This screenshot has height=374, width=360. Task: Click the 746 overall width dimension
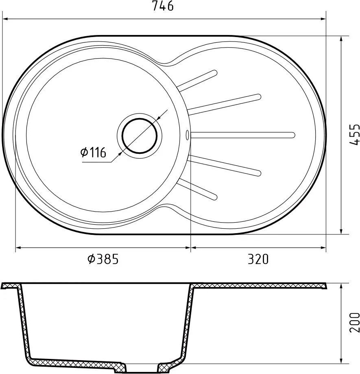click(x=163, y=6)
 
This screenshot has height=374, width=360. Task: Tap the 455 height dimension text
click(x=355, y=134)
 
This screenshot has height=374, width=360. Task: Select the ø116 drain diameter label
click(x=93, y=153)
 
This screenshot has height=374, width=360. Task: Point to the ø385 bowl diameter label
click(x=103, y=259)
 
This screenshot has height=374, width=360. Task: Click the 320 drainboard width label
click(x=258, y=259)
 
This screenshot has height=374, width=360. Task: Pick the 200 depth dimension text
click(x=355, y=322)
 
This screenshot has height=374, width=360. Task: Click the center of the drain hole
click(x=140, y=136)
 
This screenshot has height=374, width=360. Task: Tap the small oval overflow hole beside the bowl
click(x=187, y=135)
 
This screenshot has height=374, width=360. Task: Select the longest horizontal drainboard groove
click(x=243, y=135)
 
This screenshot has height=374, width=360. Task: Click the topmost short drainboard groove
click(x=197, y=81)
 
